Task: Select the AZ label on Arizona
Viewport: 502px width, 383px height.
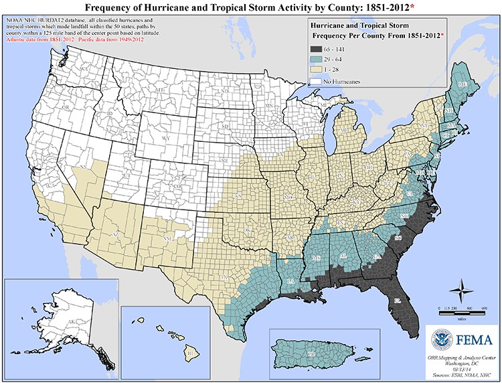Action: pyautogui.click(x=116, y=236)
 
